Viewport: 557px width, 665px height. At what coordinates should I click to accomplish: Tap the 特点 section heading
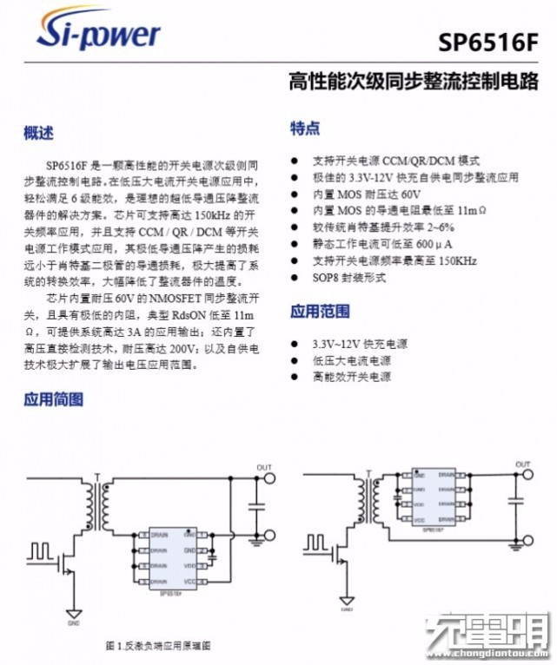(304, 128)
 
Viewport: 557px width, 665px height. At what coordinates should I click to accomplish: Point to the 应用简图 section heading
(53, 399)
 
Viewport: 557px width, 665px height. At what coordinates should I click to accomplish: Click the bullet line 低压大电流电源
(352, 360)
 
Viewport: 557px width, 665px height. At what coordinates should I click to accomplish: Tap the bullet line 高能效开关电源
(352, 377)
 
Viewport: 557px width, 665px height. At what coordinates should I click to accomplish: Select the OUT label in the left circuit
(264, 468)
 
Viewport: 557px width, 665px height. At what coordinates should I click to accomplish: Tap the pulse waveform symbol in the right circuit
(314, 544)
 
